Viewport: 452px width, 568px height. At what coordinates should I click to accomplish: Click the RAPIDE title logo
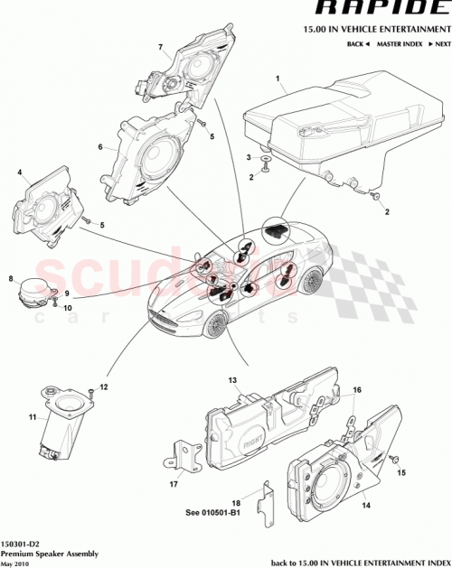[x=381, y=10]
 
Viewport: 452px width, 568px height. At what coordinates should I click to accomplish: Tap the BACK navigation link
[x=356, y=43]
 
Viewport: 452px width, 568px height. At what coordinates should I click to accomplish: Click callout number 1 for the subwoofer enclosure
[x=278, y=80]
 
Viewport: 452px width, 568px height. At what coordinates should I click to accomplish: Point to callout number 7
[x=160, y=47]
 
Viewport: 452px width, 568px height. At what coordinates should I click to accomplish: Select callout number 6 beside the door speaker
[x=101, y=146]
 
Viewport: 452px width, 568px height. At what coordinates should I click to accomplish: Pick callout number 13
[x=231, y=382]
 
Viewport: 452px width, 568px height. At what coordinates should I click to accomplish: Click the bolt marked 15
[x=395, y=461]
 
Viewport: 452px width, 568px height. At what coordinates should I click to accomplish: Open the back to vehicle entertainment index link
[x=360, y=561]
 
